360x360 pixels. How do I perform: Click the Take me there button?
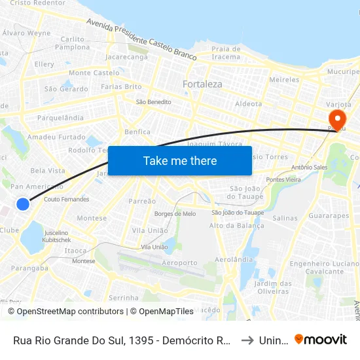pos(180,160)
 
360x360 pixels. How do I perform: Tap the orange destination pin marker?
pos(338,120)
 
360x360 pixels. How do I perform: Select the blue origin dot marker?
pos(23,204)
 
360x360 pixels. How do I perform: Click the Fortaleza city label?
pos(202,84)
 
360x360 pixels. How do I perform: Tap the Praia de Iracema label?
pos(226,52)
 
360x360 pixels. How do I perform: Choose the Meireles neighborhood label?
pos(284,79)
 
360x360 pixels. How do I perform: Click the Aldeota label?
pos(248,103)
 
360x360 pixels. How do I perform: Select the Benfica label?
pos(137,132)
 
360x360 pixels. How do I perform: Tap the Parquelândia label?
pos(61,118)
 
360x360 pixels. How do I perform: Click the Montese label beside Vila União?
pos(92,218)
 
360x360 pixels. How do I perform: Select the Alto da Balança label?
pos(231,225)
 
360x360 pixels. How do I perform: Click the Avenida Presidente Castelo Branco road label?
pos(141,40)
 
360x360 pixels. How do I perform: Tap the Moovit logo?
pos(321,340)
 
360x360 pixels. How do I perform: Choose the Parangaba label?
pos(29,267)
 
